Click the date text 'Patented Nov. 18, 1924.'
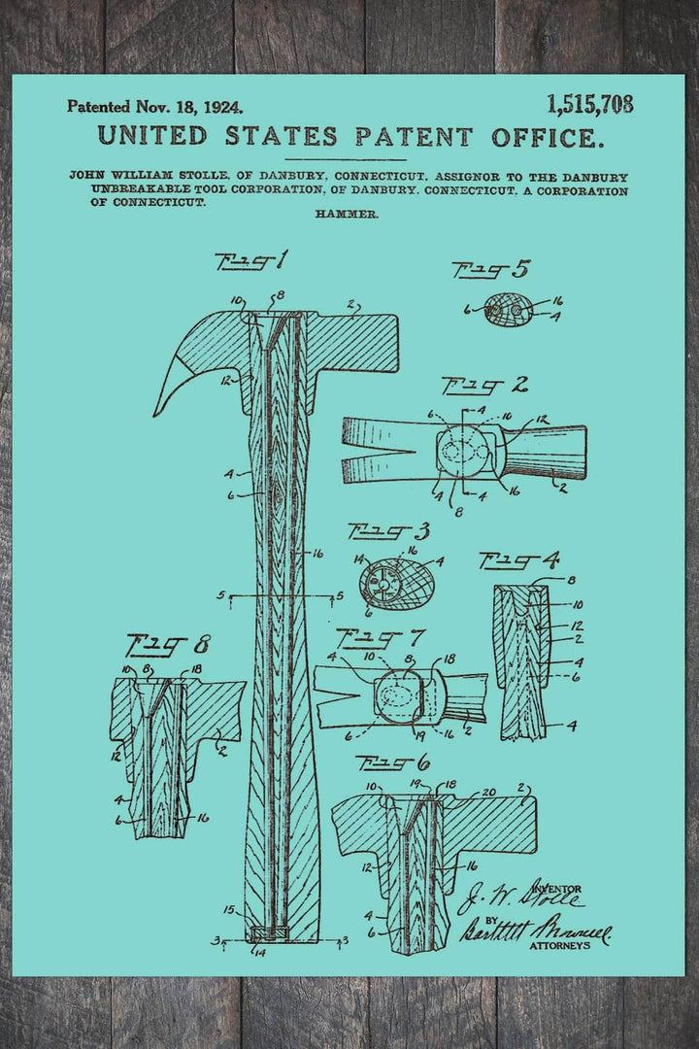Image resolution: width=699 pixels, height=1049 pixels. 154,106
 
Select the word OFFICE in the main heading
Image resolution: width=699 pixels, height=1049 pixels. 544,137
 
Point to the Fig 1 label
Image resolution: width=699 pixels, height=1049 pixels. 251,261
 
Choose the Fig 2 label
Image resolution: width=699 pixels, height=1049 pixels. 484,386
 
